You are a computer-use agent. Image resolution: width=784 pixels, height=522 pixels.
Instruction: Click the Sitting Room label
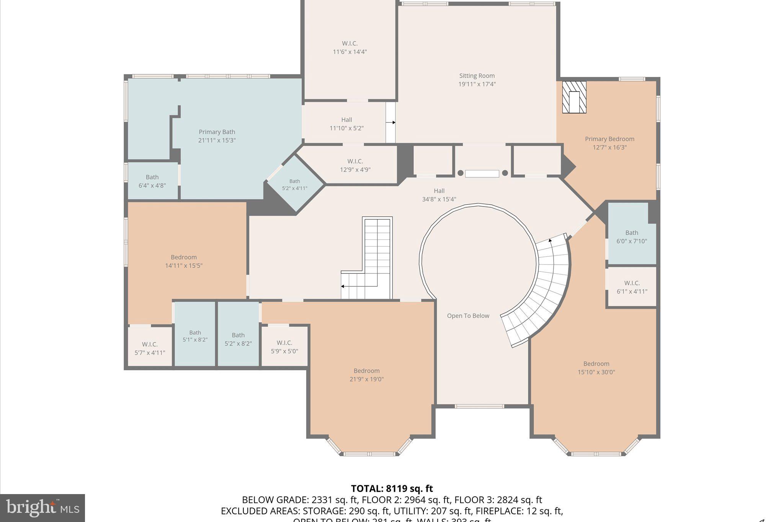point(477,76)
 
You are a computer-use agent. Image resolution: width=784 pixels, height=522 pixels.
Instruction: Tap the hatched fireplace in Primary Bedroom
point(574,97)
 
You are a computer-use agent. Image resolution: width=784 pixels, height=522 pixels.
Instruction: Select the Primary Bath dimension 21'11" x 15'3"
point(217,140)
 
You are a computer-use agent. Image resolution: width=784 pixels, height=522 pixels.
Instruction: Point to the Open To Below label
point(468,316)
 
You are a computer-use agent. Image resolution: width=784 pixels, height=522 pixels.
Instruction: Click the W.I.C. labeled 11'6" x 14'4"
point(350,48)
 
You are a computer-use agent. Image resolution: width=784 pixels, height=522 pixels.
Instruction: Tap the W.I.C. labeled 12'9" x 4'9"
point(355,166)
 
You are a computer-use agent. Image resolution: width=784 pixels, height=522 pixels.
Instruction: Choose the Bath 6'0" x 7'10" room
point(632,237)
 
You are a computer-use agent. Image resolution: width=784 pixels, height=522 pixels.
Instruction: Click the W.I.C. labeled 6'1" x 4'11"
point(632,287)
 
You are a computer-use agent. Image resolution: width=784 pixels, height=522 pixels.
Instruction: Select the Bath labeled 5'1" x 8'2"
point(195,336)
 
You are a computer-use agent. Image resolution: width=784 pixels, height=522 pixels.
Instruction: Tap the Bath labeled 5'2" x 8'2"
point(238,339)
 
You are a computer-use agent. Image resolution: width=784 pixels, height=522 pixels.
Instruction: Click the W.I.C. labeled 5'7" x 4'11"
point(150,348)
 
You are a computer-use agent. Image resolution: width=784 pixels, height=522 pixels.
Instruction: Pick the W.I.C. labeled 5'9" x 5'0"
point(284,346)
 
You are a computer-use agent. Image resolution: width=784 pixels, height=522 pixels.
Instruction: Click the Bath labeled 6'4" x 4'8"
point(152,181)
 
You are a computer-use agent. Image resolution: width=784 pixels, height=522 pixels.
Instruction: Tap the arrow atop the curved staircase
point(550,241)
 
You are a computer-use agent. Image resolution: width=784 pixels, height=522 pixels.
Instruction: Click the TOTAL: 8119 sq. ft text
point(392,489)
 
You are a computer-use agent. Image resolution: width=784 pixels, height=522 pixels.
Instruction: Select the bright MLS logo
point(42,508)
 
